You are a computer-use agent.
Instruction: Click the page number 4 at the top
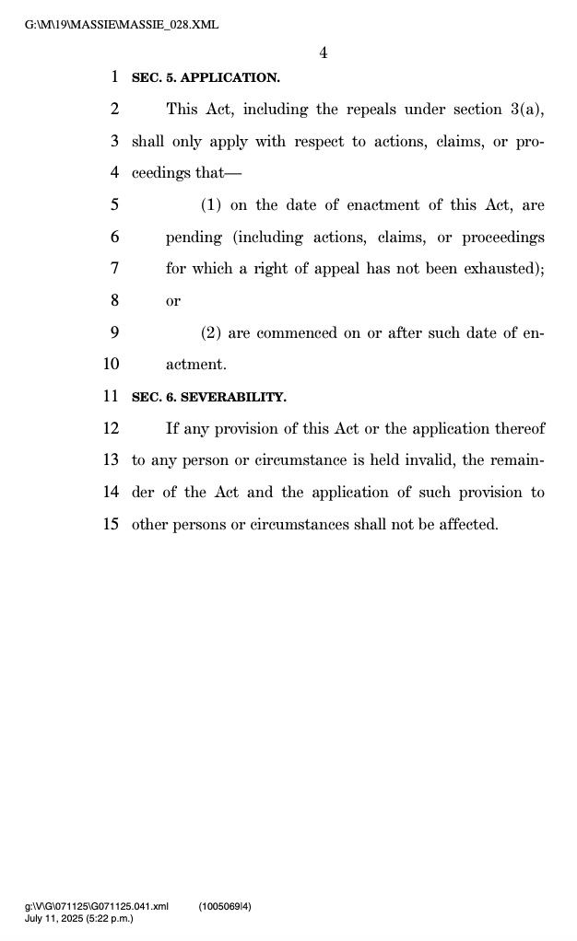(x=324, y=53)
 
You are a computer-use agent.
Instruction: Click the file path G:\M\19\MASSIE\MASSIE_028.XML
(x=122, y=24)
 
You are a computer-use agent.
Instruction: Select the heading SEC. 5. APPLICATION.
(x=206, y=78)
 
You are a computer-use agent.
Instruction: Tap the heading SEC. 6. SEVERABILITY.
(x=209, y=397)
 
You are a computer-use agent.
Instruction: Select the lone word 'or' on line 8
(x=173, y=301)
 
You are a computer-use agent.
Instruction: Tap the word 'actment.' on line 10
(x=196, y=365)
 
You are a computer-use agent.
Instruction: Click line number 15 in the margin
(x=112, y=525)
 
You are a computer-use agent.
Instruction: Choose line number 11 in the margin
(x=112, y=397)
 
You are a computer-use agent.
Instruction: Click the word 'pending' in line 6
(x=194, y=238)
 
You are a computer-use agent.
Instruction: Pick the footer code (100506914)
(x=225, y=907)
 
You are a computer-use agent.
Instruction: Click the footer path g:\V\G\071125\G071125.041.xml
(x=97, y=907)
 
